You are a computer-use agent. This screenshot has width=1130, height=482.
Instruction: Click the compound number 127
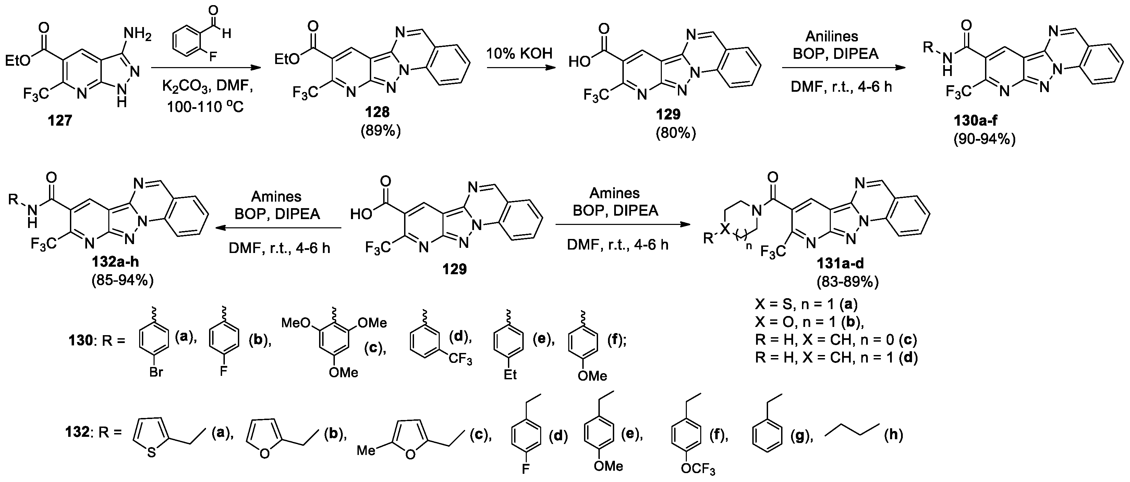(x=60, y=120)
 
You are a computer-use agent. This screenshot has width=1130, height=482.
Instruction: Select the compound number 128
(x=378, y=112)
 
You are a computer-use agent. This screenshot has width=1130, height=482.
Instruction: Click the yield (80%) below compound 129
(x=676, y=133)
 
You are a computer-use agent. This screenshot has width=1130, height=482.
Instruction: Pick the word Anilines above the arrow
(x=832, y=36)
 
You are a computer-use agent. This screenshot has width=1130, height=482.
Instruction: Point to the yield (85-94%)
(x=122, y=280)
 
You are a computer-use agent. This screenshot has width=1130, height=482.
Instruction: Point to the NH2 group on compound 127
(x=138, y=34)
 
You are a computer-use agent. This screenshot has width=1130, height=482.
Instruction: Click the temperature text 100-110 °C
(x=205, y=106)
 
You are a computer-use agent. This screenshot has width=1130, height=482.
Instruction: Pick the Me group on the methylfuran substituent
(x=366, y=451)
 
